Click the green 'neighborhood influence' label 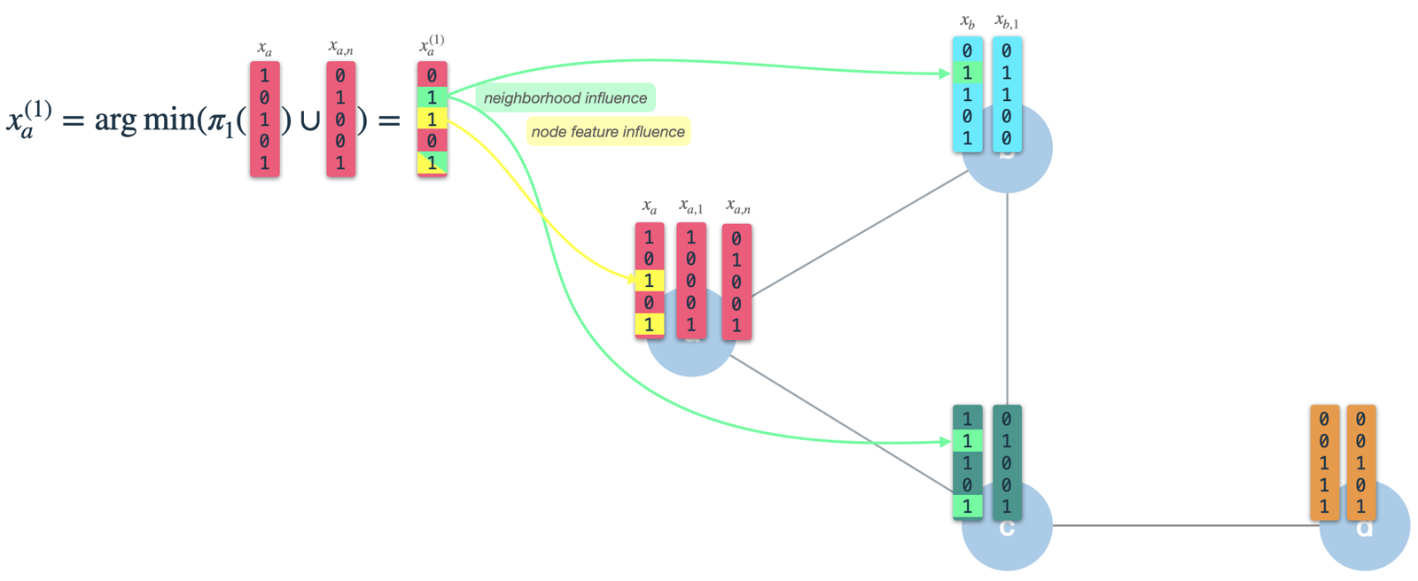click(x=565, y=98)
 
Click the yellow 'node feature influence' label click(x=608, y=132)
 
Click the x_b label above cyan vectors click(x=967, y=21)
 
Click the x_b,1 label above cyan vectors click(x=1007, y=21)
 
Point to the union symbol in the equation click(x=310, y=120)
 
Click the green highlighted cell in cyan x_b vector click(x=967, y=73)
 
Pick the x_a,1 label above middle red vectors click(x=690, y=207)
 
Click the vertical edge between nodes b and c click(x=1007, y=292)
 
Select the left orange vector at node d click(x=1324, y=462)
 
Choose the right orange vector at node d click(x=1360, y=462)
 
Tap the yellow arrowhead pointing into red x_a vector click(x=633, y=280)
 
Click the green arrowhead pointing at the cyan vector click(x=946, y=73)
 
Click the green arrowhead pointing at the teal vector click(x=946, y=440)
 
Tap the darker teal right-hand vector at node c click(x=1007, y=462)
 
